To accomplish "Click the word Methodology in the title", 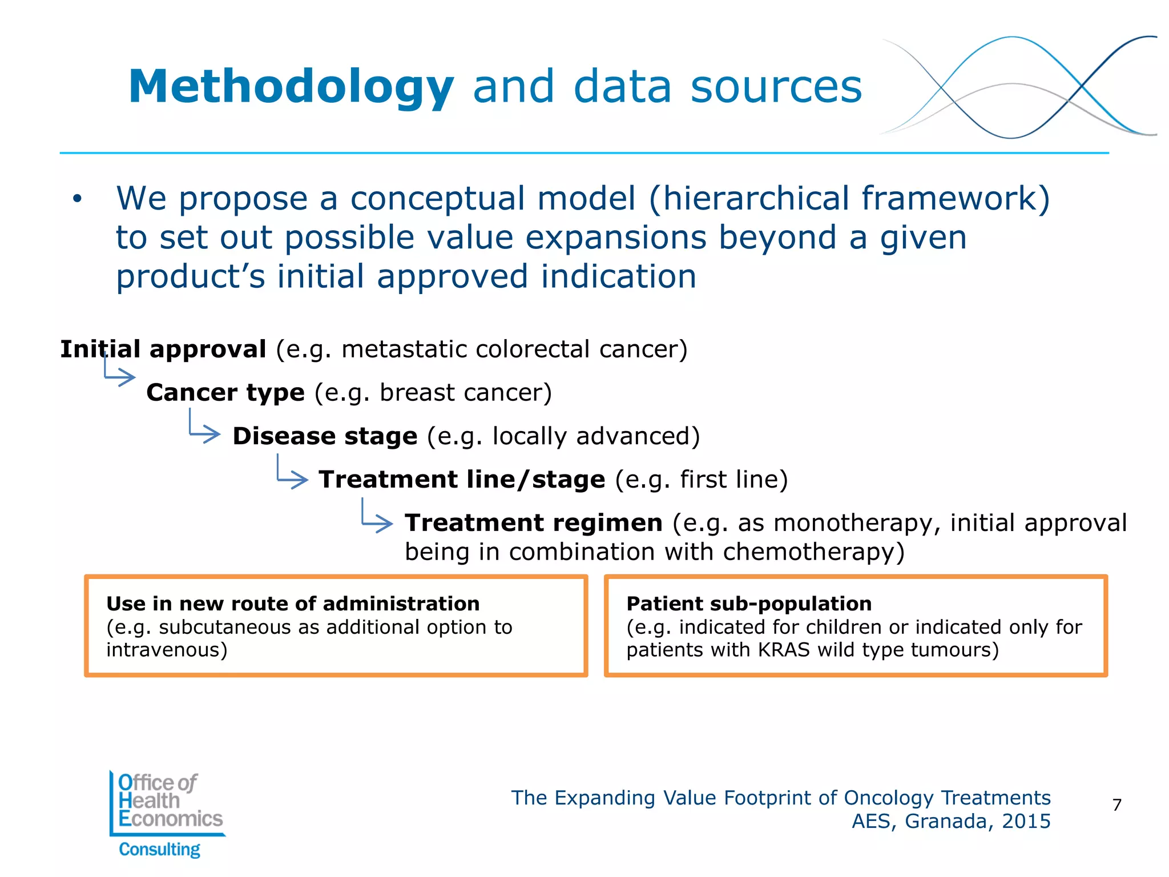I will point(291,87).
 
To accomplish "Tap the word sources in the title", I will point(776,87).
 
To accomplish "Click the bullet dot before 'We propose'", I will point(78,199).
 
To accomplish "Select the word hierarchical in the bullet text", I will point(754,198).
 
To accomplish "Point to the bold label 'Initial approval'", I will point(163,349).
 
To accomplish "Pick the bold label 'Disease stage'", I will point(325,436).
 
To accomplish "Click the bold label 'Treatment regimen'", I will point(533,523).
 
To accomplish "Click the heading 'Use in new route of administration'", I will point(293,604).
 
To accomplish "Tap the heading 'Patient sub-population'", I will point(749,604).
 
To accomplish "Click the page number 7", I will point(1117,805).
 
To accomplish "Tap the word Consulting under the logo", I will point(159,850).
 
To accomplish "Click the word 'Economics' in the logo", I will point(170,819).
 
